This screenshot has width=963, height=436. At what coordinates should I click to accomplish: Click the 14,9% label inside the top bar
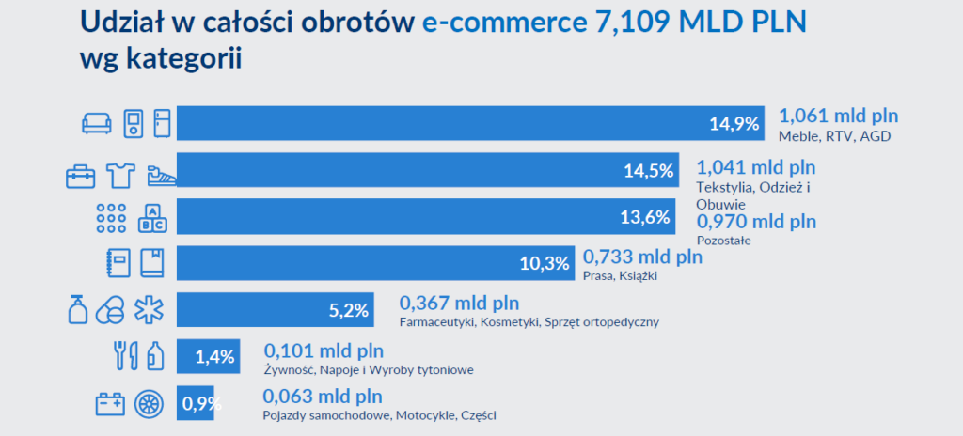click(734, 123)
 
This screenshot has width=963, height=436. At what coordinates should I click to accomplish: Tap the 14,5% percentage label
click(649, 170)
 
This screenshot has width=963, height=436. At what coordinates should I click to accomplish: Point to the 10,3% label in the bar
click(545, 264)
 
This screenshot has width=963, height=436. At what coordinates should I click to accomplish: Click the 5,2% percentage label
click(347, 309)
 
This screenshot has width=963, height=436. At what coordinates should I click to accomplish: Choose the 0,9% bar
click(196, 403)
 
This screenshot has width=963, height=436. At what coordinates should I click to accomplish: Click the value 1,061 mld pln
click(838, 117)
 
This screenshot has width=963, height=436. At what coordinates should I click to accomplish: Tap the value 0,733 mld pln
click(642, 257)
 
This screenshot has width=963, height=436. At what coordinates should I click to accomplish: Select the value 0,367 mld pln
click(459, 304)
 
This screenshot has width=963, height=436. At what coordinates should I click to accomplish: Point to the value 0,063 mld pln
click(323, 396)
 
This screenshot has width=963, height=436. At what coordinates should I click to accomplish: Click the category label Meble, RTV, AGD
click(834, 137)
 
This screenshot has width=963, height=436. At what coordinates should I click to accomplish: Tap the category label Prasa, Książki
click(620, 276)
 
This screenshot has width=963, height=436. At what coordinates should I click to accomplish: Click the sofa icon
click(97, 122)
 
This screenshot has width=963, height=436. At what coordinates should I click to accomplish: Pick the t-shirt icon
click(121, 172)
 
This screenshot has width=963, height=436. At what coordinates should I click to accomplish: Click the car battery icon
click(110, 404)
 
